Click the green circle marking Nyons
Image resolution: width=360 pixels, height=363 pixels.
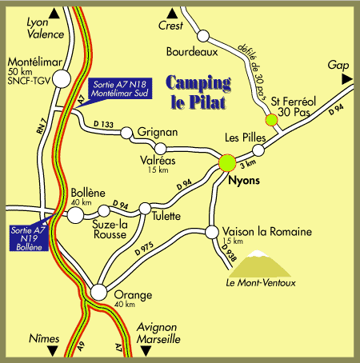point(227,162)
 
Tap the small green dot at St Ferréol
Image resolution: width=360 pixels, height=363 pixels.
point(271,120)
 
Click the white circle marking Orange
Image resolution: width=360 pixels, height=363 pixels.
point(98,293)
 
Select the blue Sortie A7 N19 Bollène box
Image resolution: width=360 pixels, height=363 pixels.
point(28,237)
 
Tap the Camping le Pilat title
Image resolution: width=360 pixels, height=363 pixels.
point(200,92)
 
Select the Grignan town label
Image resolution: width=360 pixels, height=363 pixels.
point(156,130)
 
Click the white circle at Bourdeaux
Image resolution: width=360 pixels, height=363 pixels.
point(203,35)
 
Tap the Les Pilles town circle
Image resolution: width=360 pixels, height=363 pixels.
point(258,150)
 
